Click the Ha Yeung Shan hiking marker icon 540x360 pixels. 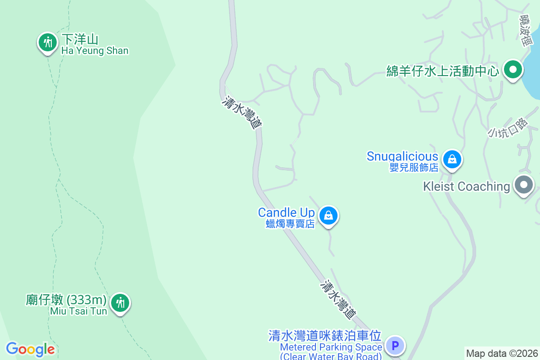(46, 43)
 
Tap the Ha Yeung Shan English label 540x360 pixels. (95, 51)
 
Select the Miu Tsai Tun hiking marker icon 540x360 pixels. (120, 302)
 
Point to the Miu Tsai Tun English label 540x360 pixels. (79, 311)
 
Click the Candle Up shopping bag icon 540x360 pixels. (328, 216)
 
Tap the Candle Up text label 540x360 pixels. (286, 212)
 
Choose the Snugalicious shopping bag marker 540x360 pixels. (451, 159)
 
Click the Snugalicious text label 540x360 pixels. (402, 157)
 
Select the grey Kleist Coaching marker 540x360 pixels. (523, 185)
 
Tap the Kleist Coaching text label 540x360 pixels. (466, 186)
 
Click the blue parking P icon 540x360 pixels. (396, 346)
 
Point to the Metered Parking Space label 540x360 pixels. (331, 347)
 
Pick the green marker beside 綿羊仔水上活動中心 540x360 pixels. (512, 70)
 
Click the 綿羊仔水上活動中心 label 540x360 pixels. (443, 71)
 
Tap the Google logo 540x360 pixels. (30, 349)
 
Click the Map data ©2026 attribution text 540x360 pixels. (502, 353)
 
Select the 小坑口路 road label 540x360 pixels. (507, 127)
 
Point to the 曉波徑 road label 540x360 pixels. (526, 30)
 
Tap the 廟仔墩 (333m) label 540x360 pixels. (66, 300)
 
